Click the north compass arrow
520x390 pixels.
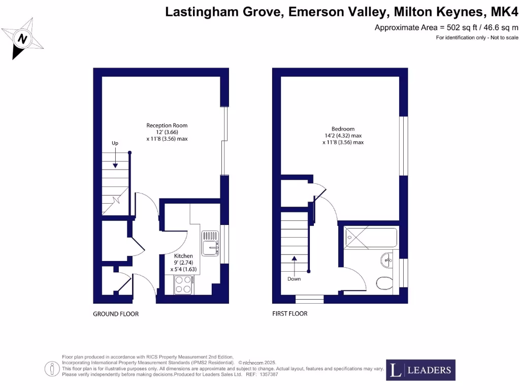pyautogui.click(x=23, y=39)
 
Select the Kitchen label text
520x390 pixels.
pyautogui.click(x=183, y=256)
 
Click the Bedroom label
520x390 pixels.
pyautogui.click(x=343, y=129)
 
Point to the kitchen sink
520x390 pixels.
pyautogui.click(x=210, y=243)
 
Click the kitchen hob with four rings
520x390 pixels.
pyautogui.click(x=184, y=285)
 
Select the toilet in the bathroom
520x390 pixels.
pyautogui.click(x=384, y=283)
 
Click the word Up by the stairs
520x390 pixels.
pyautogui.click(x=115, y=144)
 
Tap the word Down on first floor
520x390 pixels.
pyautogui.click(x=294, y=279)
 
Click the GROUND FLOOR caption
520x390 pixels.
pyautogui.click(x=116, y=314)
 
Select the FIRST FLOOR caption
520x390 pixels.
pyautogui.click(x=290, y=314)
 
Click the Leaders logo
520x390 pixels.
pyautogui.click(x=420, y=370)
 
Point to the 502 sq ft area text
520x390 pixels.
pyautogui.click(x=447, y=27)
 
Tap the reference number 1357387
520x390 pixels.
pyautogui.click(x=268, y=374)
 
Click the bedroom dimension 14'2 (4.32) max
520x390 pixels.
pyautogui.click(x=343, y=136)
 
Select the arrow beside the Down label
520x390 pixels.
pyautogui.click(x=294, y=265)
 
